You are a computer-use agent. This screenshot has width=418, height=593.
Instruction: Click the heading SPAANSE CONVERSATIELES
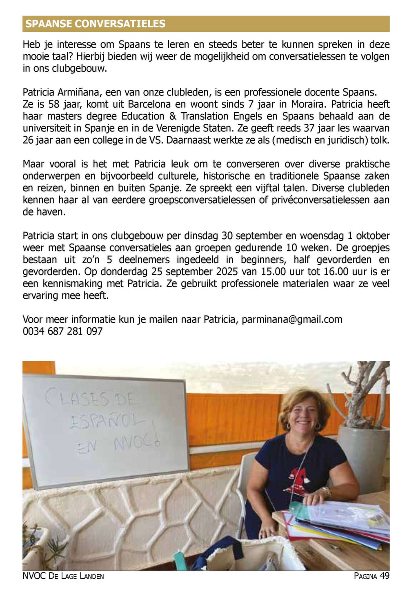coord(96,24)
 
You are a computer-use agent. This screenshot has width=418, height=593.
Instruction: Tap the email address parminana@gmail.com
coord(292,320)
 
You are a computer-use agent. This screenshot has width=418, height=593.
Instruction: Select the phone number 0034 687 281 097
coord(63,331)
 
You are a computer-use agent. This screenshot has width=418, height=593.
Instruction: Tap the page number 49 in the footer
coord(384,576)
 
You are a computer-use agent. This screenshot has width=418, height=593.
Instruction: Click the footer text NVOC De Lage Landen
coord(63,576)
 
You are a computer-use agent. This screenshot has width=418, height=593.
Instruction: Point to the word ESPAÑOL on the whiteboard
coord(107,421)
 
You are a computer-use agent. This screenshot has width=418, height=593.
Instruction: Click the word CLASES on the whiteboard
coord(78,398)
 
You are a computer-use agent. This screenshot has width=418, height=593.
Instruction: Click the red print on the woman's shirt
coord(300,478)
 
